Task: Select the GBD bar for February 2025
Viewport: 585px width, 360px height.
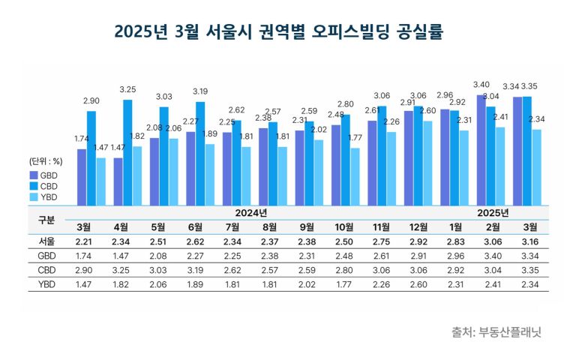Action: tap(481, 150)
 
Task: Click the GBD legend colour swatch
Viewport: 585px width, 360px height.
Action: tap(34, 175)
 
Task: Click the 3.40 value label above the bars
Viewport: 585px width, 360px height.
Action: tap(482, 85)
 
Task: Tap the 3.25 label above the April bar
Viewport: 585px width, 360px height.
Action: tap(128, 89)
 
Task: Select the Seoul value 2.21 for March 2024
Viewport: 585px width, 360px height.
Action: tap(83, 241)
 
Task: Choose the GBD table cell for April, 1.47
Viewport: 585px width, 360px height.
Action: tap(120, 256)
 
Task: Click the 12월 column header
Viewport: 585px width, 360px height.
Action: tap(418, 227)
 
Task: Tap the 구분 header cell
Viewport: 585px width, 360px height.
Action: tap(46, 220)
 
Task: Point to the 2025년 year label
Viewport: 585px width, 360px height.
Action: tap(493, 213)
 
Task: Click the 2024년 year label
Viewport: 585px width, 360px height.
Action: tap(250, 213)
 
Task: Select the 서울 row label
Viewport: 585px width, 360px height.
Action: tap(46, 241)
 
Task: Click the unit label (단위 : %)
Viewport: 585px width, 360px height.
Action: tap(45, 161)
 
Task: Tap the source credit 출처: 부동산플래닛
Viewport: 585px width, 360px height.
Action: tap(496, 331)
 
